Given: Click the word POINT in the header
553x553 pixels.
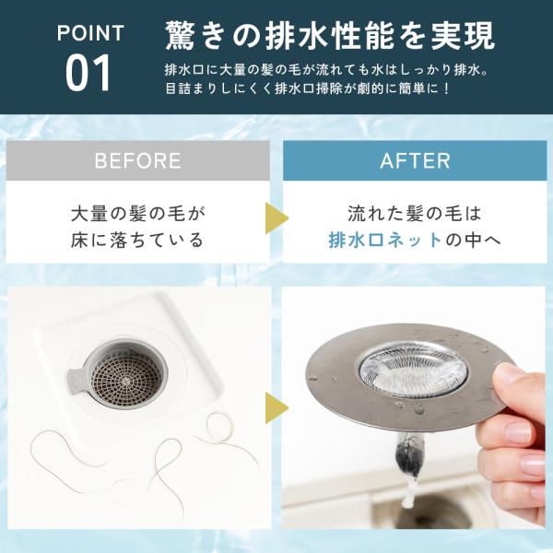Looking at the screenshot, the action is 90,33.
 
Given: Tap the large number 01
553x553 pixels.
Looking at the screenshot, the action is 88,74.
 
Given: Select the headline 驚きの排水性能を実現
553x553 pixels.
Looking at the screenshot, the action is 331,36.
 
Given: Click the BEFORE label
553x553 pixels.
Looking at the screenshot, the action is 137,160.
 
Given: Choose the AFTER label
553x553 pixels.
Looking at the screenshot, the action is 415,160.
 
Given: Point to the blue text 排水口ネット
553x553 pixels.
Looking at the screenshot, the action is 385,241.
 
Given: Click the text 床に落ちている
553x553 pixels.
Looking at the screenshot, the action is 137,241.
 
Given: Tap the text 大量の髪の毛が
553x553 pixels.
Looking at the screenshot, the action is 137,214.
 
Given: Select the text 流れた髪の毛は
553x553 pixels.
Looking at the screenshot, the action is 415,214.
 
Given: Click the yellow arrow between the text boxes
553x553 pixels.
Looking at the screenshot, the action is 276,218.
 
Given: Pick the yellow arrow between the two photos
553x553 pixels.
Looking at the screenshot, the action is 276,408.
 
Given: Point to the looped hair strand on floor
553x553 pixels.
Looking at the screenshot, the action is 219,429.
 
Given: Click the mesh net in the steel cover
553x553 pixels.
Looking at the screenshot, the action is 413,370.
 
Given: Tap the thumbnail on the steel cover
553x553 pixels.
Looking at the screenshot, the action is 508,374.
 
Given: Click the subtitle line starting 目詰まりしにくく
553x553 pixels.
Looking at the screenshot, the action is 308,88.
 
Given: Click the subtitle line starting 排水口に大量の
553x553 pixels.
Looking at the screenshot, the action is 326,70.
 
